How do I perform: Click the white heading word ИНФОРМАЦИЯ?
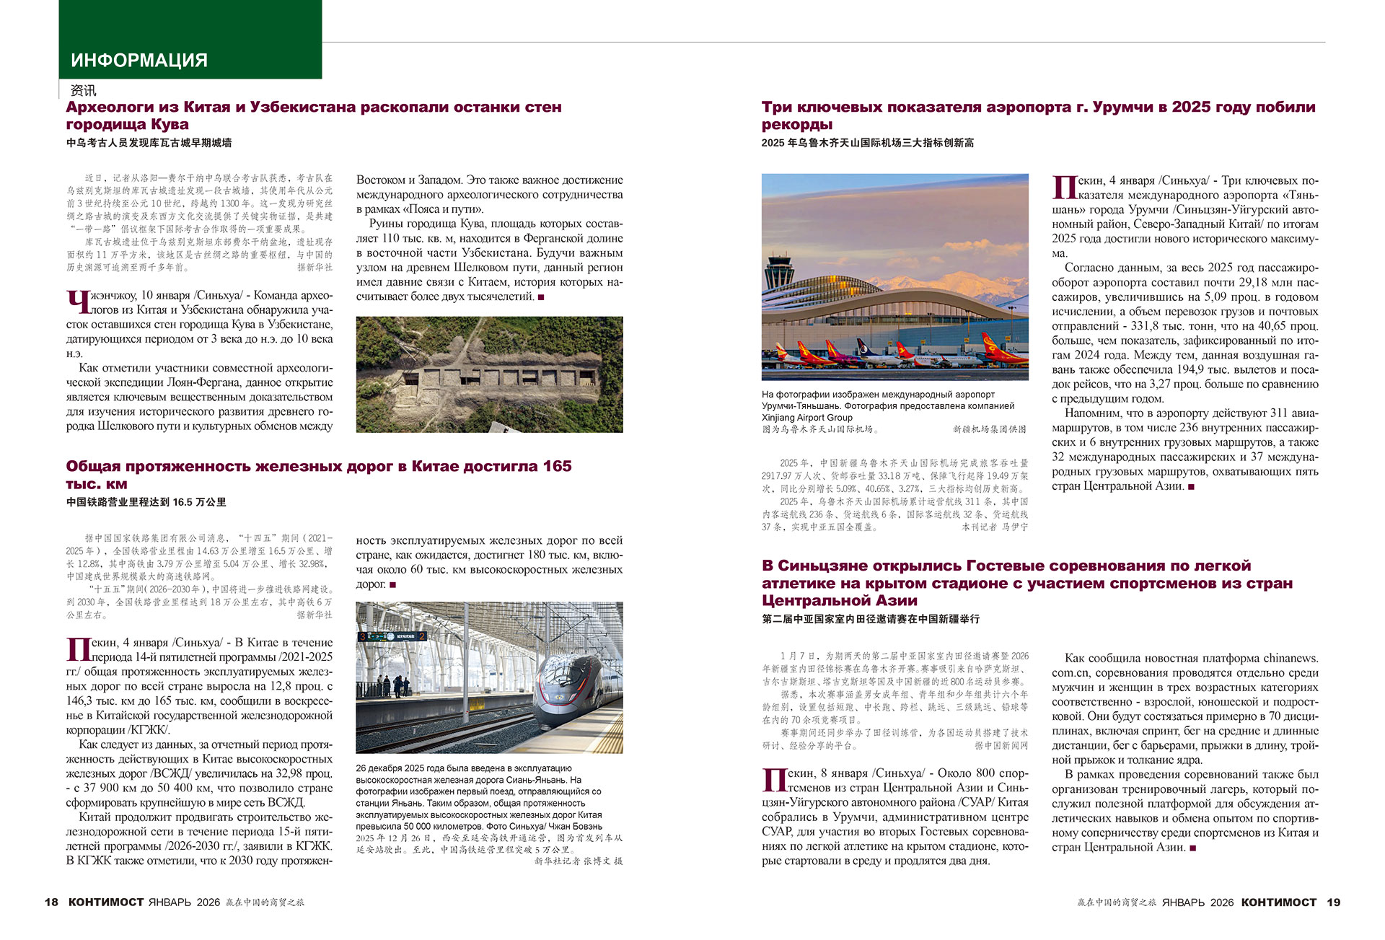coord(139,61)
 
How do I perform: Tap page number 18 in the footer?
coord(51,902)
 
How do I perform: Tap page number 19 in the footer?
coord(1333,902)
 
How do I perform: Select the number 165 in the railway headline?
coord(557,467)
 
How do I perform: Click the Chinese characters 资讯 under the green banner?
coord(83,91)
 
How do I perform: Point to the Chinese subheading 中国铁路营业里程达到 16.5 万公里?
coord(146,502)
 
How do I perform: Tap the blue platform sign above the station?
coord(393,636)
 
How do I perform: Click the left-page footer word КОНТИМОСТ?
coord(106,902)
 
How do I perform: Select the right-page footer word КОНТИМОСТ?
coord(1279,902)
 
